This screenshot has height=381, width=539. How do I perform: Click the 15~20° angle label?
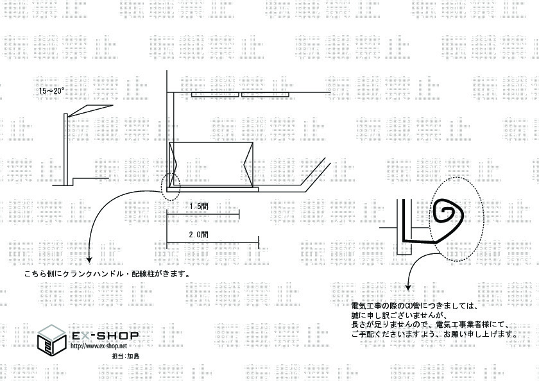(x=51, y=91)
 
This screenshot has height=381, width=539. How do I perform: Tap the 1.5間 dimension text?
(x=198, y=207)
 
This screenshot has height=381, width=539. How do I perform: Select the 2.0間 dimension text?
(x=198, y=235)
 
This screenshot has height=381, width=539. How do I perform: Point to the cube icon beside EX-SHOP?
(x=52, y=338)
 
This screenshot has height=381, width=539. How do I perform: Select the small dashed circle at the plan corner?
(x=171, y=186)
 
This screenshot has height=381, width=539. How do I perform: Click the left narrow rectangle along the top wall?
(x=215, y=95)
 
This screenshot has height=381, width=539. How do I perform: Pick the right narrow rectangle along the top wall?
(x=265, y=95)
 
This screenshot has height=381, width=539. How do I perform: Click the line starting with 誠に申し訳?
(x=397, y=316)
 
